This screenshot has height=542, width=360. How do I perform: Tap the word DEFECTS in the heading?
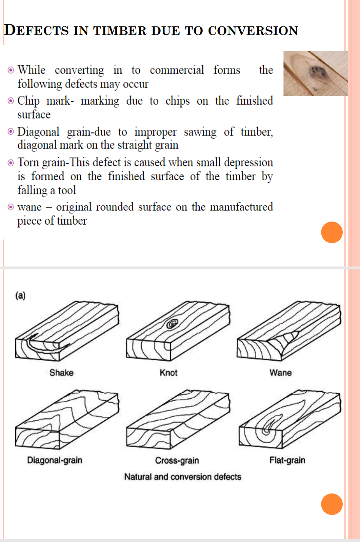(x=36, y=30)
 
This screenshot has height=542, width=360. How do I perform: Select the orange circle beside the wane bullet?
(x=332, y=232)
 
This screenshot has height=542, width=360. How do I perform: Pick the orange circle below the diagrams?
(x=332, y=504)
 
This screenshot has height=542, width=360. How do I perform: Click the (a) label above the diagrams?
(x=20, y=295)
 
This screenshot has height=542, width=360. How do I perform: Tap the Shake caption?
(x=61, y=373)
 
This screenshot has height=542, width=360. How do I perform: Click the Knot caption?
(x=168, y=373)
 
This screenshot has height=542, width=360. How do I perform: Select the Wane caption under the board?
(x=280, y=373)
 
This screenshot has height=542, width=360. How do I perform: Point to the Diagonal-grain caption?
(x=55, y=460)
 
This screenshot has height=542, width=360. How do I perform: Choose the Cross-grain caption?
(x=177, y=460)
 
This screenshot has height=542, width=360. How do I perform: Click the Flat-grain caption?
(x=287, y=460)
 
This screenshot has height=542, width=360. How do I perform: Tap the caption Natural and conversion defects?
(x=182, y=477)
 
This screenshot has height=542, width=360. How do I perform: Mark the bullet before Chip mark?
(x=11, y=101)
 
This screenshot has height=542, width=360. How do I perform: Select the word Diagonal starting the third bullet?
(x=38, y=132)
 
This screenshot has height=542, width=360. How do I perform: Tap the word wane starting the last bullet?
(x=29, y=207)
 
